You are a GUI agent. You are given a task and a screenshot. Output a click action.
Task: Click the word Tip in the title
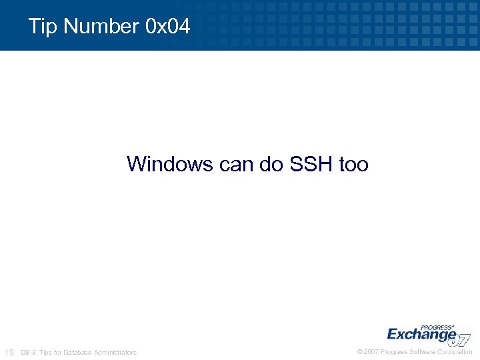41,27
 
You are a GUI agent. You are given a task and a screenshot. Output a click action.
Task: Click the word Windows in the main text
170,163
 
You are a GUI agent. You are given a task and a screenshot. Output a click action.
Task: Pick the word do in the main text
272,163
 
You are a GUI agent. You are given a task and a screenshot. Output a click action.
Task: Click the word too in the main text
353,163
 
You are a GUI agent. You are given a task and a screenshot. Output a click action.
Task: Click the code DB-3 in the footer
29,352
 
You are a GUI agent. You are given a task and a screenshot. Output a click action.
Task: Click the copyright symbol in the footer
360,351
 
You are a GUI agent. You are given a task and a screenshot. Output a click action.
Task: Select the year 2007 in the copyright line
371,351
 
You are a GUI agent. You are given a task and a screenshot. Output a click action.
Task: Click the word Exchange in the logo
421,333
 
